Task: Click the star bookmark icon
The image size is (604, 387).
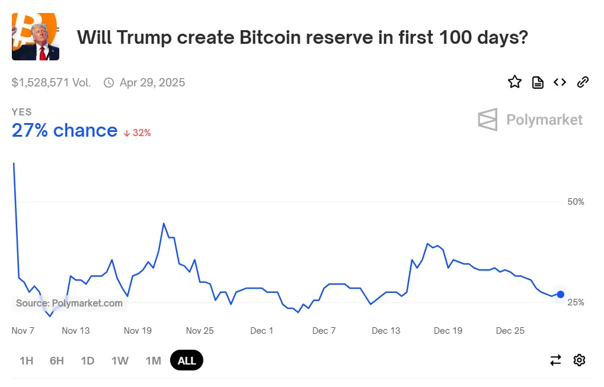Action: [x=514, y=82]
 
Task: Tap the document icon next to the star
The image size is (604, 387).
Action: [x=538, y=82]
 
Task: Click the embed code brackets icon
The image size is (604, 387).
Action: [x=560, y=82]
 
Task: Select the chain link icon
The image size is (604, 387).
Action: [x=583, y=82]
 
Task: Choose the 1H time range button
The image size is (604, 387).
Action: [x=26, y=360]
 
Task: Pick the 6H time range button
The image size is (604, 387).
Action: [x=57, y=360]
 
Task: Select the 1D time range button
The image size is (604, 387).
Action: [x=88, y=360]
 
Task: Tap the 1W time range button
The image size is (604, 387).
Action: [x=120, y=360]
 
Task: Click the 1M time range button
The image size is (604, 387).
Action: [x=153, y=360]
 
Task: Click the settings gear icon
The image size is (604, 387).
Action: [x=579, y=360]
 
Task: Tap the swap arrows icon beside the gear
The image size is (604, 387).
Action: [x=555, y=360]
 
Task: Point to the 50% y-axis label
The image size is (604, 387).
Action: [x=576, y=202]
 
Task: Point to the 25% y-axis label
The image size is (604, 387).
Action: [x=576, y=302]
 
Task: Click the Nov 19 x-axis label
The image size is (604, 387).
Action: [x=138, y=331]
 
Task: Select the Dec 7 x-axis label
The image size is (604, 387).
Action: [x=324, y=331]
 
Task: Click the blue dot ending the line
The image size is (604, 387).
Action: [x=561, y=294]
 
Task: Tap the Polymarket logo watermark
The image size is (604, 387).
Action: [x=530, y=120]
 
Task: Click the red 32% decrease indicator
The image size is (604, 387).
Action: [x=138, y=133]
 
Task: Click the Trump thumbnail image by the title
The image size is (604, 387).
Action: [x=35, y=37]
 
